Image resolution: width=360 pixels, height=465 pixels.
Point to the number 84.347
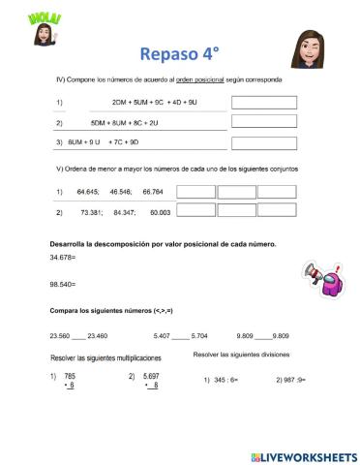124,211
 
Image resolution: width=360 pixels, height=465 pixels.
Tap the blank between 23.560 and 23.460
78,335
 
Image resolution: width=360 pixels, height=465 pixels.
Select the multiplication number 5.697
150,375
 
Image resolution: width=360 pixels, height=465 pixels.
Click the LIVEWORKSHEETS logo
302,455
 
